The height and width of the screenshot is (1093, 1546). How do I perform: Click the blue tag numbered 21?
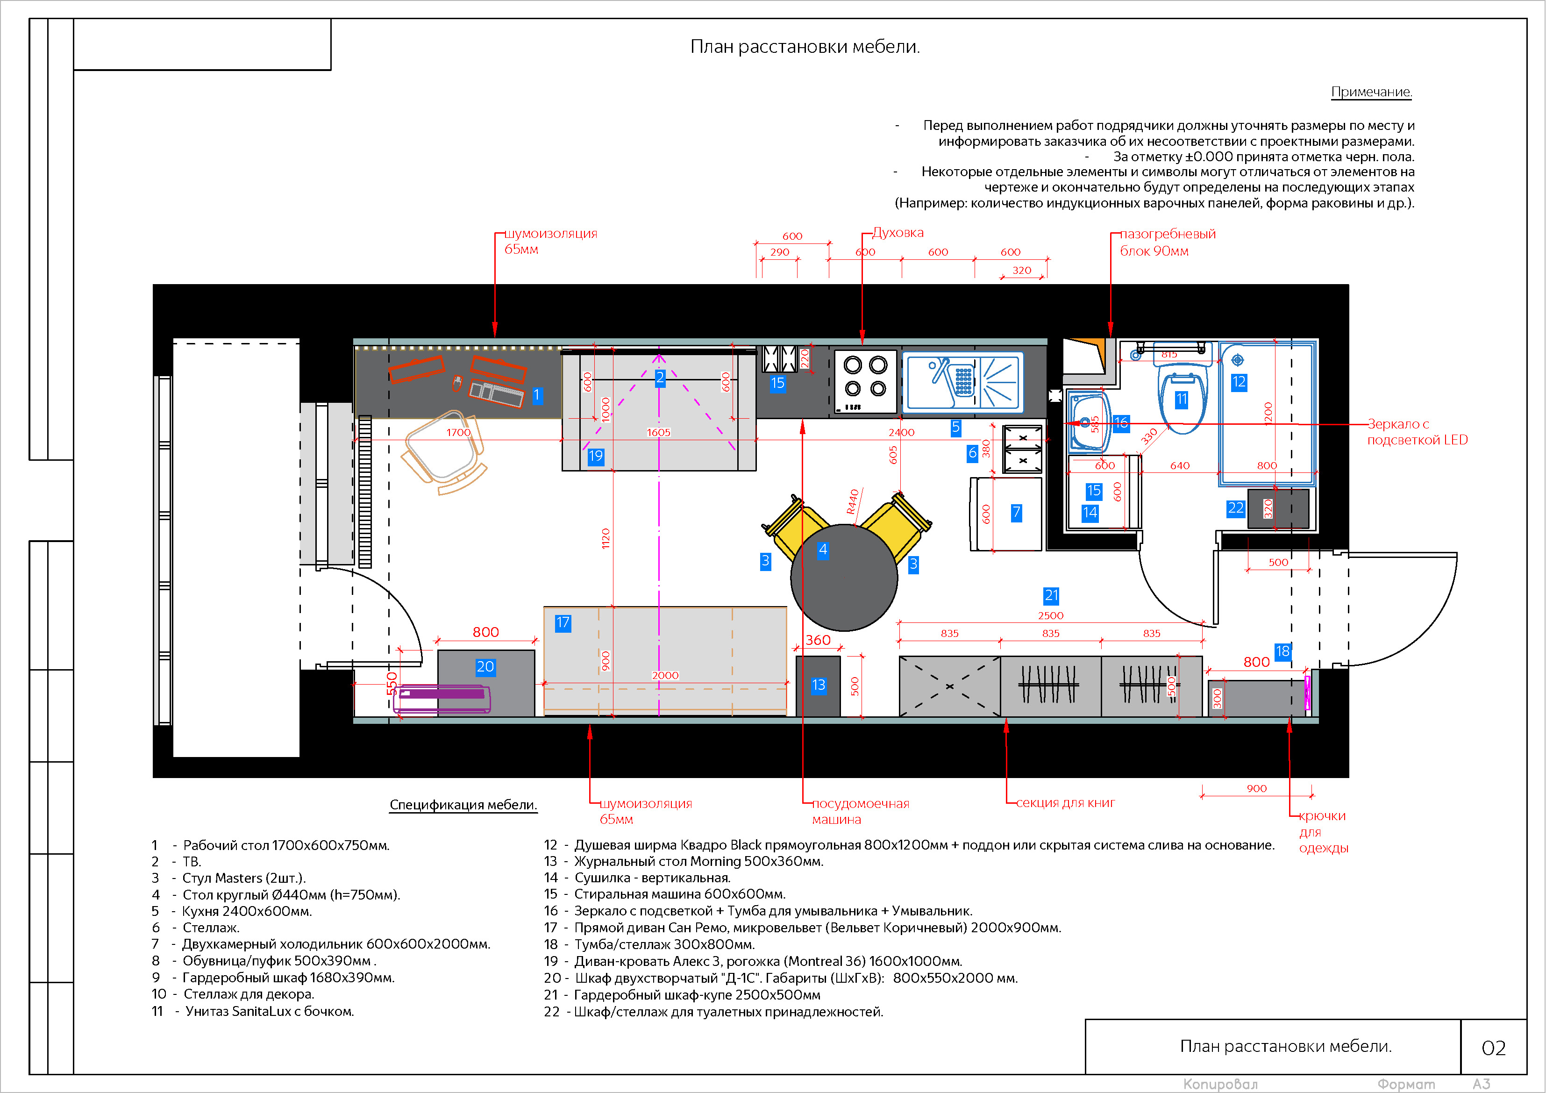click(1051, 595)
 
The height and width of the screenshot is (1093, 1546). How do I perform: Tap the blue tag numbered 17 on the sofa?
click(563, 623)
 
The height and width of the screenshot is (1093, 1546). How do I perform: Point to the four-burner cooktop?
click(865, 381)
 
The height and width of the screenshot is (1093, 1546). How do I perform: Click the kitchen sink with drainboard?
click(964, 382)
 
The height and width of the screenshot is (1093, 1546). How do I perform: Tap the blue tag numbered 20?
click(485, 667)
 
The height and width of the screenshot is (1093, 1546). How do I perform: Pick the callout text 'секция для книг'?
click(1065, 803)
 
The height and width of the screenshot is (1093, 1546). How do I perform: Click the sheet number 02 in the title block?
click(1494, 1048)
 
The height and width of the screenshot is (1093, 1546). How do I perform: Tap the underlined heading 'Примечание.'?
click(1372, 92)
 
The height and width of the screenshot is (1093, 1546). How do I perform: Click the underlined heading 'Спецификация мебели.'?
click(463, 805)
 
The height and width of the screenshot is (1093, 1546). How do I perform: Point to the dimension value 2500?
click(1050, 615)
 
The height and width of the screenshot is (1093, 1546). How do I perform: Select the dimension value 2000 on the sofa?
click(665, 675)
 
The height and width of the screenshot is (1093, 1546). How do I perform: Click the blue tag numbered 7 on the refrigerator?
click(1016, 513)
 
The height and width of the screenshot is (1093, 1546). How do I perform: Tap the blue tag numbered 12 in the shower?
click(1239, 382)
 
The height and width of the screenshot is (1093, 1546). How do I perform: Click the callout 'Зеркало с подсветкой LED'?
click(1418, 432)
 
